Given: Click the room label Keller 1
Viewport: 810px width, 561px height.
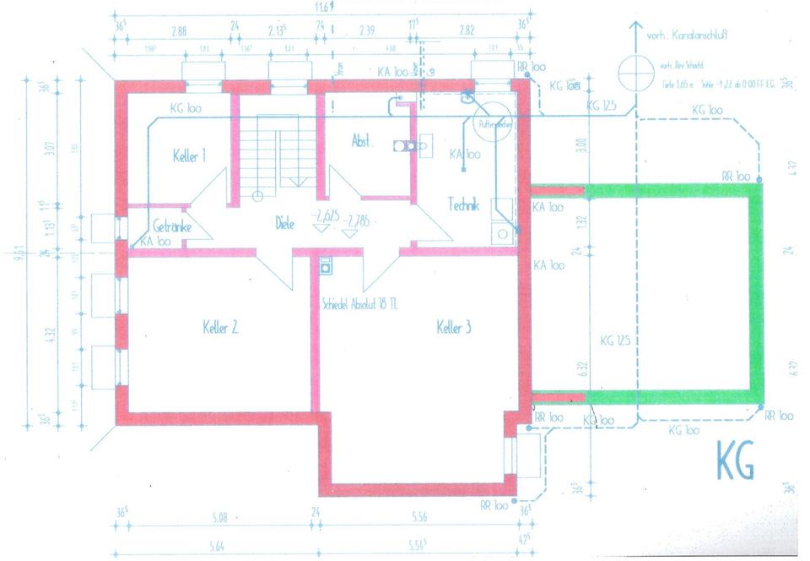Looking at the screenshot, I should click(x=190, y=157).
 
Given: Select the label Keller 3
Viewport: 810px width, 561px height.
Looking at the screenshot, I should click(x=454, y=328).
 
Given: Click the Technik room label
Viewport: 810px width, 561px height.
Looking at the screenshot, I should click(x=463, y=204).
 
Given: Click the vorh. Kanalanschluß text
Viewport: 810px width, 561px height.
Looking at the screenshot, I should click(x=687, y=35).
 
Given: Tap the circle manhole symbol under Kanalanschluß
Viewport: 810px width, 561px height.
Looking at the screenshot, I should click(x=631, y=72).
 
